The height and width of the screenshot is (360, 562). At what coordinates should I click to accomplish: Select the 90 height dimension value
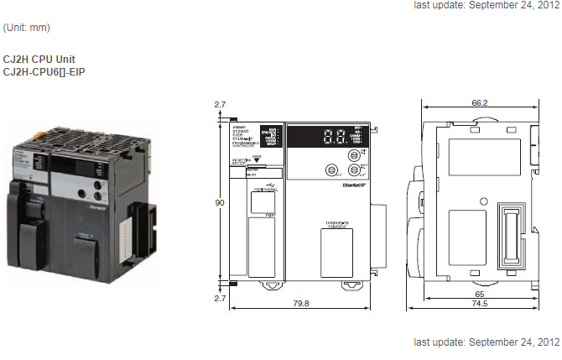click(221, 202)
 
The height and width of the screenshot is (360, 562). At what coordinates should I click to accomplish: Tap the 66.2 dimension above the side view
click(480, 102)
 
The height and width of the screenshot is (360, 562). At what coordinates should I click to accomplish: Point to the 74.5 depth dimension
click(480, 305)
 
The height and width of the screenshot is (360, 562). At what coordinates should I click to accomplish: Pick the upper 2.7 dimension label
click(220, 105)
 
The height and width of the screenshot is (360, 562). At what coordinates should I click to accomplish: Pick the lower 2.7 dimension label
click(220, 298)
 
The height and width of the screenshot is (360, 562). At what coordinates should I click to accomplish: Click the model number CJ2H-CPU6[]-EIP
click(44, 72)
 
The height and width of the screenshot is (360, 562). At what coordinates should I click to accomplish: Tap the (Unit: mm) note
click(27, 28)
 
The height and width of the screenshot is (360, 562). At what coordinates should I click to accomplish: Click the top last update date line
click(487, 5)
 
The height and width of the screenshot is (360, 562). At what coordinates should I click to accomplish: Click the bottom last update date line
click(487, 342)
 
